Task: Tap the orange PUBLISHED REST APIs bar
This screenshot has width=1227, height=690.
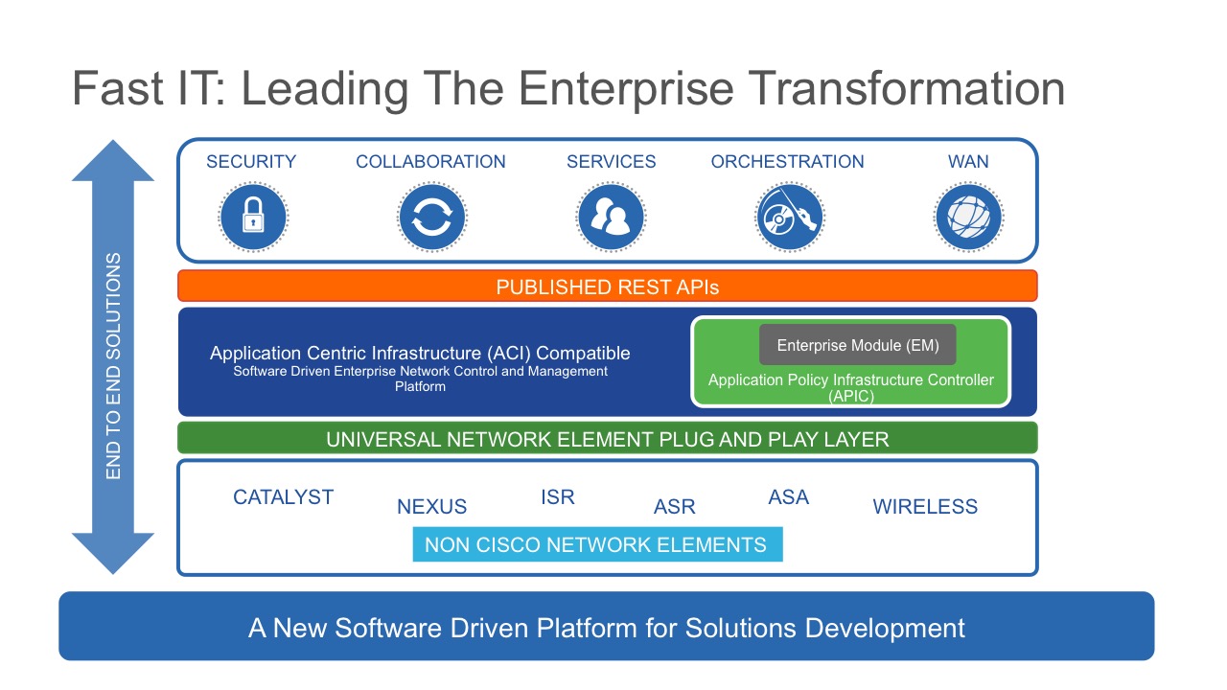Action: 607,287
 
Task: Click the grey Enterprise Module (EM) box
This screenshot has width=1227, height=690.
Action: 857,345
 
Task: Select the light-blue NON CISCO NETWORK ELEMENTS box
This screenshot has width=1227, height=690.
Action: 596,545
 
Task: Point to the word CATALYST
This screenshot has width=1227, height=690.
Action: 283,497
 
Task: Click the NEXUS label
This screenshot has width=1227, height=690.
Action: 431,507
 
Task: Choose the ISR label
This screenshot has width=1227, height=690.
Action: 557,497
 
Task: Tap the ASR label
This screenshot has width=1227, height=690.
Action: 674,507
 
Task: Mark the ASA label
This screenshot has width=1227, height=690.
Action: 788,497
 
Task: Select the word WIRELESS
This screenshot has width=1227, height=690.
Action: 925,507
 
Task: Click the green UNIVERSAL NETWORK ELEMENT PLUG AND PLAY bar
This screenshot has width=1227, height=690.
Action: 607,439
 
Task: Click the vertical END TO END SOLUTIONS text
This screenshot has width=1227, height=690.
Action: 114,366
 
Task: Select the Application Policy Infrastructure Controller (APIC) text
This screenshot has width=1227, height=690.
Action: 850,386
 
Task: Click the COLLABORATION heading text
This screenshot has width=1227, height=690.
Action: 430,162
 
